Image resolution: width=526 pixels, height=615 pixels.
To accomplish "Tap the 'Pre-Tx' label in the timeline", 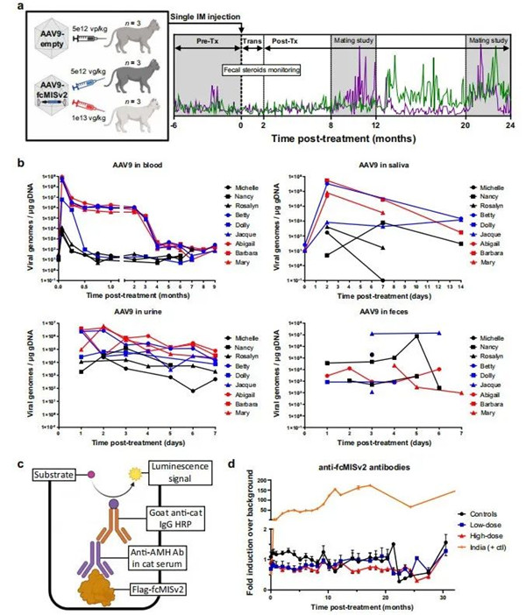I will (x=206, y=41).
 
